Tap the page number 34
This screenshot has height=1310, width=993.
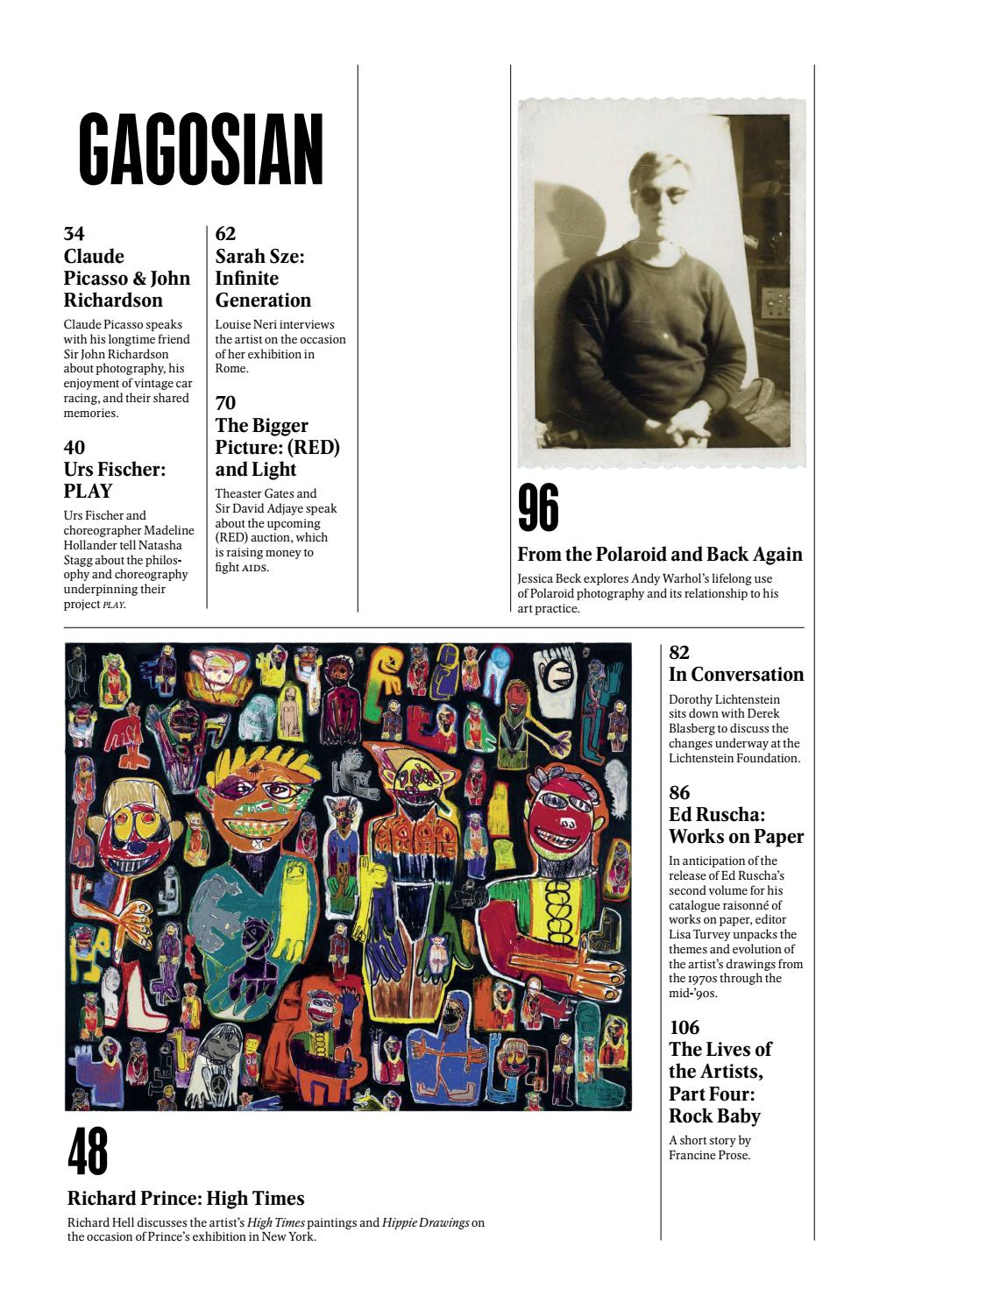(x=74, y=234)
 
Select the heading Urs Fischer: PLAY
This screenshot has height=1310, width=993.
(x=115, y=480)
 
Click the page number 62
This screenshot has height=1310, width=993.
(x=225, y=234)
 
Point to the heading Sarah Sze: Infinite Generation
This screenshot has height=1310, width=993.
(x=263, y=278)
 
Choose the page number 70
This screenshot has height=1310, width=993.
(x=225, y=403)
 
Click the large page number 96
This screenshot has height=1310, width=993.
(x=538, y=508)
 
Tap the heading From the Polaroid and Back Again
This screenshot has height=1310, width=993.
(x=660, y=554)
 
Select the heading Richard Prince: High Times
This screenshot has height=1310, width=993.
(x=186, y=1198)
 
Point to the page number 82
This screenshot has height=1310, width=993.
(x=679, y=652)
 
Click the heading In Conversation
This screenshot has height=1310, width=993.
(x=736, y=674)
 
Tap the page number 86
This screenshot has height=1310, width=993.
(x=679, y=793)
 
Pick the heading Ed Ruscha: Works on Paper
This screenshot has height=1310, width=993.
(x=736, y=825)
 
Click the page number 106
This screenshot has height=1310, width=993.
(x=684, y=1027)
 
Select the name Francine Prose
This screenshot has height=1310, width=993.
(x=710, y=1155)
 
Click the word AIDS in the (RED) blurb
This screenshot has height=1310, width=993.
(x=255, y=568)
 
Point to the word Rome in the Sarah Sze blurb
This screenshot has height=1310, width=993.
(x=231, y=369)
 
